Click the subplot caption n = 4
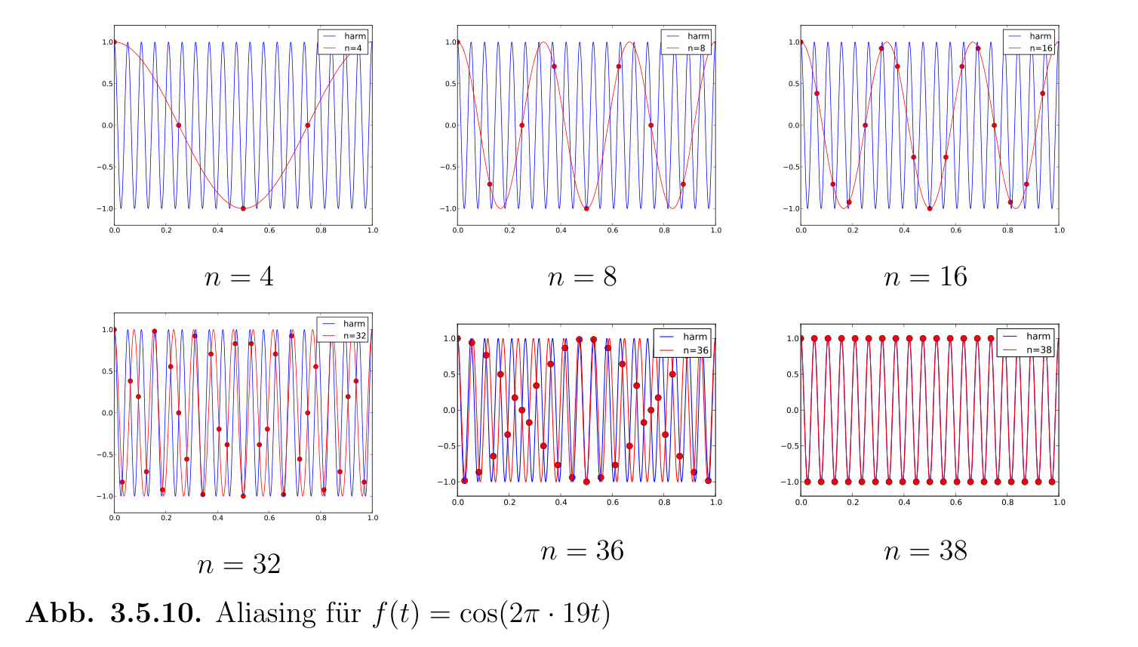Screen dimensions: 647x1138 pyautogui.click(x=239, y=277)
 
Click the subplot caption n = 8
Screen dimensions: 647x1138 pyautogui.click(x=582, y=277)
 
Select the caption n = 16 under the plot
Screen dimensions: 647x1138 pyautogui.click(x=925, y=277)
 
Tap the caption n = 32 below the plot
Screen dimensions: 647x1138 pyautogui.click(x=239, y=564)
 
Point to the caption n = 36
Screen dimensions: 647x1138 pyautogui.click(x=582, y=551)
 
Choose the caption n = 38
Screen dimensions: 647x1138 pyautogui.click(x=925, y=551)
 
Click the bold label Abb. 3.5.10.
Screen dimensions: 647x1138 pyautogui.click(x=114, y=613)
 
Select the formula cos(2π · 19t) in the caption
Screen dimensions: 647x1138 pyautogui.click(x=534, y=613)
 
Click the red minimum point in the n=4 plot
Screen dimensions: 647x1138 pyautogui.click(x=243, y=208)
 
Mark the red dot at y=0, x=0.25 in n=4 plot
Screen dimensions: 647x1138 pyautogui.click(x=179, y=125)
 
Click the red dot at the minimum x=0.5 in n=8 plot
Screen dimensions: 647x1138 pyautogui.click(x=586, y=208)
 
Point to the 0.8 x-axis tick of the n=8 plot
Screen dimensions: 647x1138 pyautogui.click(x=664, y=230)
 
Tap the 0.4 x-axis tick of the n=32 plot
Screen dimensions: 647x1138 pyautogui.click(x=218, y=518)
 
